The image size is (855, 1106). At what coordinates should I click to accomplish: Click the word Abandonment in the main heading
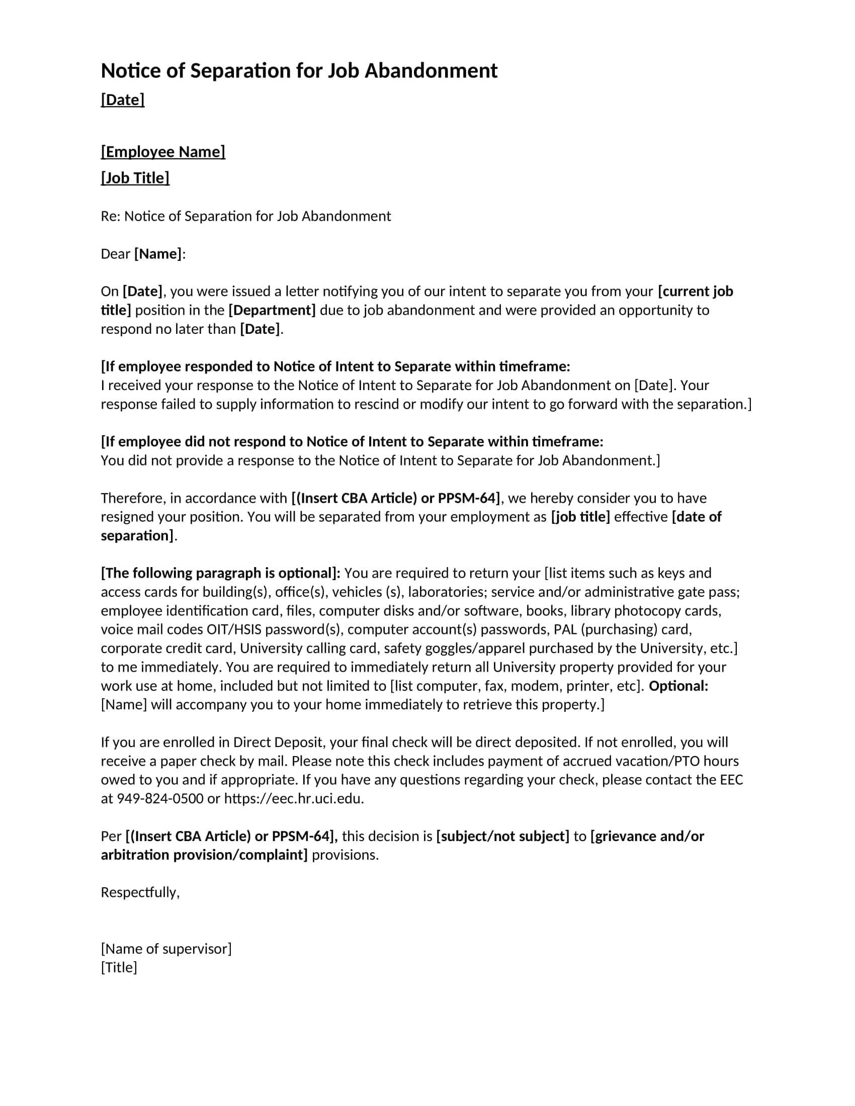click(431, 71)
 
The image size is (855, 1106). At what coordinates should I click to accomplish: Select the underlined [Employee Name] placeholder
click(163, 152)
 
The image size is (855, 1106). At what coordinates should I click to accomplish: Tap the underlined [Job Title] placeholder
click(135, 178)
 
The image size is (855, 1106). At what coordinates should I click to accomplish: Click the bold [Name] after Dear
click(157, 254)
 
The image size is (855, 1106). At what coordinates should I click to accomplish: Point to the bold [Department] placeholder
click(272, 310)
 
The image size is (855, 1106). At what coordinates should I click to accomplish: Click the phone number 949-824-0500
click(160, 799)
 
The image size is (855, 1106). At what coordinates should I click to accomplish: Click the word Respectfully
click(140, 892)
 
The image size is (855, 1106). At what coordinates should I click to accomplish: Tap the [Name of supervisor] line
click(166, 949)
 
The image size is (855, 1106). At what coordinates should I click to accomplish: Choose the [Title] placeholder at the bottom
click(119, 967)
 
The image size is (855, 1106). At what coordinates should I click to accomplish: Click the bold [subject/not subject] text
click(503, 836)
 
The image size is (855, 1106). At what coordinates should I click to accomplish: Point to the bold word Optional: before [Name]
click(678, 686)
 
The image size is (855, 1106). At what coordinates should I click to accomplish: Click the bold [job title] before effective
click(580, 517)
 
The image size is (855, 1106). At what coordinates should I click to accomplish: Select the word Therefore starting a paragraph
click(133, 498)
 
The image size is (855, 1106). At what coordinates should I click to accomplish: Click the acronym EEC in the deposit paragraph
click(731, 780)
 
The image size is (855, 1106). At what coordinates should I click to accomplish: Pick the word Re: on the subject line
click(110, 217)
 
